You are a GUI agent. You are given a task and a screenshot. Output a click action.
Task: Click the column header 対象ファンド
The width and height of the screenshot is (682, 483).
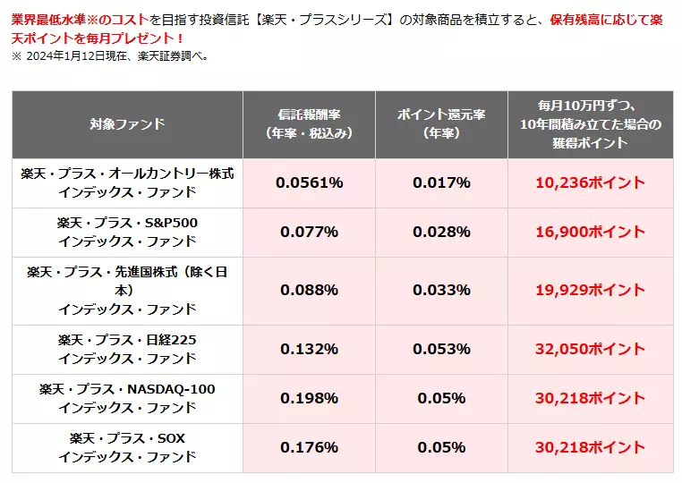coord(127,124)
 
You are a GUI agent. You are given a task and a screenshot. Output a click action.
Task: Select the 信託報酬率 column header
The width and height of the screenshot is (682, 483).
coord(309,124)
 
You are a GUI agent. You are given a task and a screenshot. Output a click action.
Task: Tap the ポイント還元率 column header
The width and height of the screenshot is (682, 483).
coord(440,124)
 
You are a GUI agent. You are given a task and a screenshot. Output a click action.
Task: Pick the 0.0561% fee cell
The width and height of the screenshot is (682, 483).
coord(309,182)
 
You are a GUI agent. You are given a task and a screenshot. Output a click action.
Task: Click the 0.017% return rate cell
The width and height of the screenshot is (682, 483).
coord(440,182)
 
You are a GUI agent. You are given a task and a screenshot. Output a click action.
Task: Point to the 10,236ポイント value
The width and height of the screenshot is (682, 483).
coord(589,182)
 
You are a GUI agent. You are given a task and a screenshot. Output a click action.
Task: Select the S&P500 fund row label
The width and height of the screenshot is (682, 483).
coord(127,232)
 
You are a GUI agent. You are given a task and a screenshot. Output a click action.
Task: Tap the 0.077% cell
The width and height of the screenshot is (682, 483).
coord(309,232)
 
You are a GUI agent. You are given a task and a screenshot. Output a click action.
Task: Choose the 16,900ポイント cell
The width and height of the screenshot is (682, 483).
coord(589,232)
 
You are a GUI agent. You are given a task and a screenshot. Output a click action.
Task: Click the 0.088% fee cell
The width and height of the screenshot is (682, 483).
coord(309,290)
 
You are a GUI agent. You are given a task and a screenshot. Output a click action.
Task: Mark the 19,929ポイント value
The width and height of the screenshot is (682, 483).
coord(589,290)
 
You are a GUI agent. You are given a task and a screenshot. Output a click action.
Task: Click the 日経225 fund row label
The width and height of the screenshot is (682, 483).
coord(127,349)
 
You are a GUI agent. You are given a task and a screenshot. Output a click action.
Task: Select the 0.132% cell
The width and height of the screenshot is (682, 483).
coord(309,349)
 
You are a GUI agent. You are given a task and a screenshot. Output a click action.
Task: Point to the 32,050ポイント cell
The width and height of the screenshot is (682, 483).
coord(589,349)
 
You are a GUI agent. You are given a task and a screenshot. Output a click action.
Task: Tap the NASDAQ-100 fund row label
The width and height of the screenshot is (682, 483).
coord(127,398)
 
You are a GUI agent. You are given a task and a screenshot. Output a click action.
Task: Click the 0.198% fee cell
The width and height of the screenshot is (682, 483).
coord(309,398)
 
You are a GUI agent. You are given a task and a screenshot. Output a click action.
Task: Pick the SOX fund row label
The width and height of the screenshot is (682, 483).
coord(127,447)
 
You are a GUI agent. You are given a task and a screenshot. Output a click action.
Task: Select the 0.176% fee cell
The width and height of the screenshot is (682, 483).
coord(309,447)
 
